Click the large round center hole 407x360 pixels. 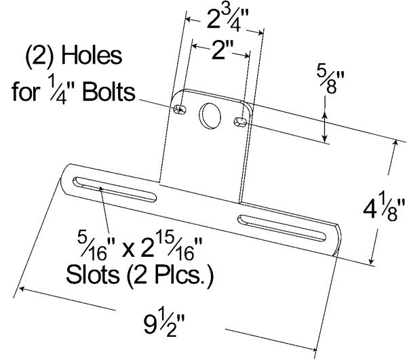[x=210, y=115]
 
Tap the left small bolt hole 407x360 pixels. [x=180, y=109]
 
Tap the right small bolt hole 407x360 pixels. [x=239, y=121]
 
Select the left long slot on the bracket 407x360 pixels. [x=112, y=187]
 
